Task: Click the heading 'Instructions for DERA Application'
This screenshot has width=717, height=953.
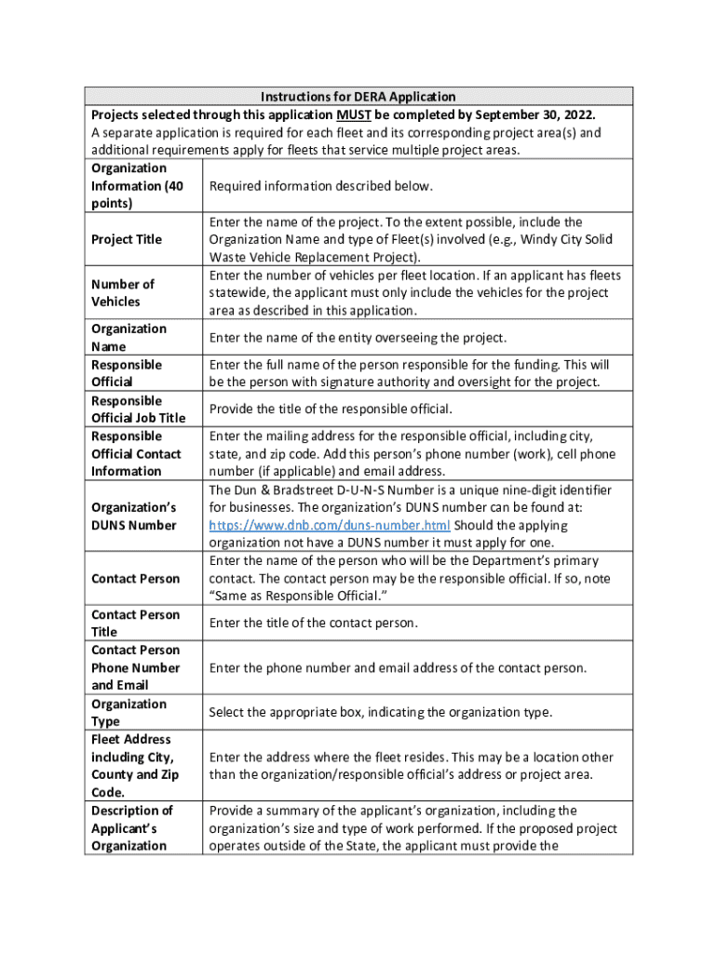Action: (x=358, y=97)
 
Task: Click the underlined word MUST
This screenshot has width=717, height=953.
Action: (x=353, y=114)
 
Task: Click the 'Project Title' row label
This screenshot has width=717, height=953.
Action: (x=127, y=239)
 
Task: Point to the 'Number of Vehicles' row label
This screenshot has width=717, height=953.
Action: (x=123, y=292)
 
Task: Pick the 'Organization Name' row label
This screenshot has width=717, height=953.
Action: (x=129, y=337)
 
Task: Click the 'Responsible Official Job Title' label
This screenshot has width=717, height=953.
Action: (x=138, y=409)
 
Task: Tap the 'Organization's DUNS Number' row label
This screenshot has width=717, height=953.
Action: (x=133, y=517)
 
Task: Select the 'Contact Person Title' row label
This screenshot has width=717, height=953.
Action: (x=134, y=623)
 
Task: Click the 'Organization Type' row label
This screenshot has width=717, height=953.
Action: (x=129, y=712)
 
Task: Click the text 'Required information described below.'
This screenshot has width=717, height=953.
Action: (x=320, y=186)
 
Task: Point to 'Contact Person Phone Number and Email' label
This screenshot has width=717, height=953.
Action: (x=136, y=667)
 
